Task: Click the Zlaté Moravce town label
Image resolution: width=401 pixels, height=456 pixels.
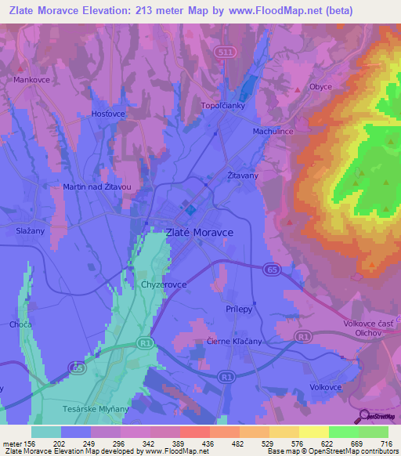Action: (x=199, y=233)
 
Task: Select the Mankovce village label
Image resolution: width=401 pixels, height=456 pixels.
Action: (x=32, y=80)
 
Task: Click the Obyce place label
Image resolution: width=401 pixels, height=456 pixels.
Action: (x=320, y=87)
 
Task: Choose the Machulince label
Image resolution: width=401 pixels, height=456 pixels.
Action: (x=273, y=132)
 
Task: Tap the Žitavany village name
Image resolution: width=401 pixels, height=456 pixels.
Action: (x=242, y=176)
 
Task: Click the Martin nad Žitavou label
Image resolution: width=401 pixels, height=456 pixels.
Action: (x=97, y=187)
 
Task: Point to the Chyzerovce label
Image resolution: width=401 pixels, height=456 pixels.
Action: (x=164, y=285)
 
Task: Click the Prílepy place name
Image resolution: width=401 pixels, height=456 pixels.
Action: (x=238, y=309)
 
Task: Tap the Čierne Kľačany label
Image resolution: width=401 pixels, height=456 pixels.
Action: (x=234, y=342)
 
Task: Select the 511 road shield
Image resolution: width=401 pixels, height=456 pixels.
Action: (x=224, y=51)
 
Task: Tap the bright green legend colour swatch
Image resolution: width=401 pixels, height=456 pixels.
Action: (x=343, y=432)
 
